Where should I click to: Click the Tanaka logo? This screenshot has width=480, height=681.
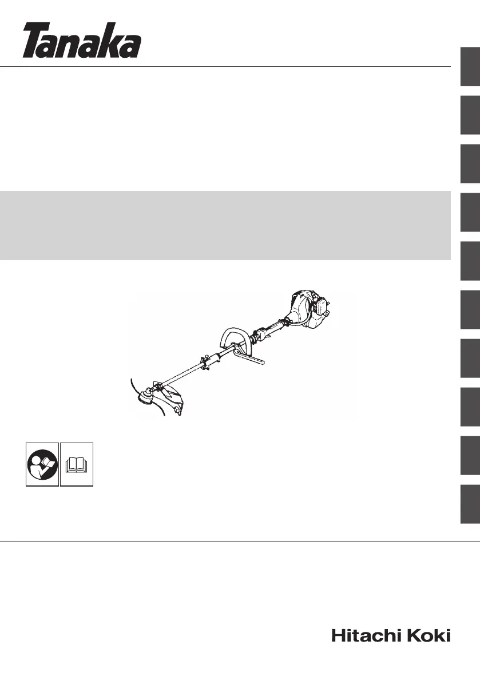pos(82,41)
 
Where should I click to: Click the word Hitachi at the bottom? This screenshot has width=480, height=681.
pos(365,635)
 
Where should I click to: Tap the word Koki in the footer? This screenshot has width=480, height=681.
pos(428,635)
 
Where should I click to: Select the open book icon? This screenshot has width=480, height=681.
pos(77,465)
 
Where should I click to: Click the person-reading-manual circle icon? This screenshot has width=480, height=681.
pos(42,464)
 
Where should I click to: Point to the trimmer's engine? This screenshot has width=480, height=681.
pos(310,309)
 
